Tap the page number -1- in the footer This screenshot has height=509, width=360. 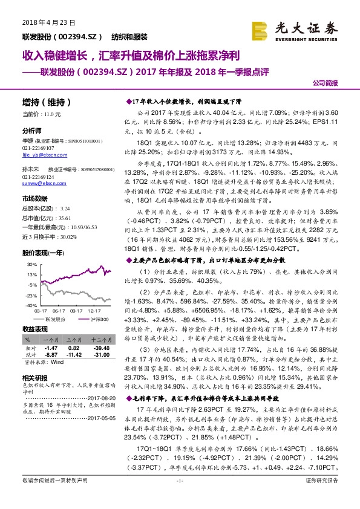[179, 497]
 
